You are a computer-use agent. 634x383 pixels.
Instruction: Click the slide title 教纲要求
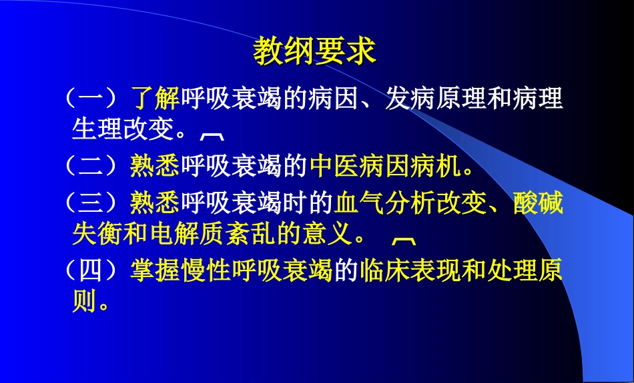click(315, 53)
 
